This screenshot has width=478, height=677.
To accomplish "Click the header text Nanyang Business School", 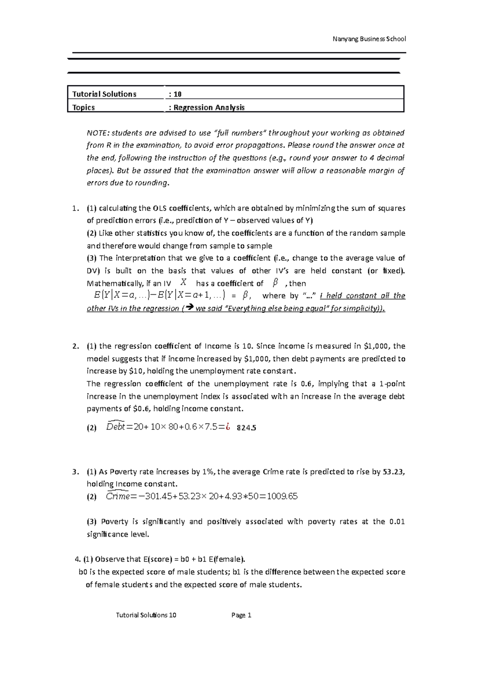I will click(369, 39).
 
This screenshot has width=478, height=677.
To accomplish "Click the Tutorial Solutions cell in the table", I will click(104, 94).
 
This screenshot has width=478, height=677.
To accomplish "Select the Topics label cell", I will click(84, 107).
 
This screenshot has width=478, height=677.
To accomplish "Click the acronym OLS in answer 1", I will click(157, 208).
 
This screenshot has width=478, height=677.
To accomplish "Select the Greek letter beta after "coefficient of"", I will click(274, 283).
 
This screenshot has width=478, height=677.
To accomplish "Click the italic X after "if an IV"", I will click(183, 283).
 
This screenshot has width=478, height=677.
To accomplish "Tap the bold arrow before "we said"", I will click(189, 308).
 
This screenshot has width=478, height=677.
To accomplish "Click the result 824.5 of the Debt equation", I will click(246, 428).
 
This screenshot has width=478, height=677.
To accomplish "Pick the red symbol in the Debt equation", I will click(227, 427).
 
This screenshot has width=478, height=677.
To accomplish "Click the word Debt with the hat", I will click(116, 427).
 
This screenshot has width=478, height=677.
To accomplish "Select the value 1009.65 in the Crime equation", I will click(282, 496).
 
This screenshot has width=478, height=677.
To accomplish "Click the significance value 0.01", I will click(397, 522).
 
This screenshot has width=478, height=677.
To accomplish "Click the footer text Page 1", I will click(241, 615).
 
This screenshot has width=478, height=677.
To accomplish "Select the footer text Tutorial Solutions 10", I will click(146, 615).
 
